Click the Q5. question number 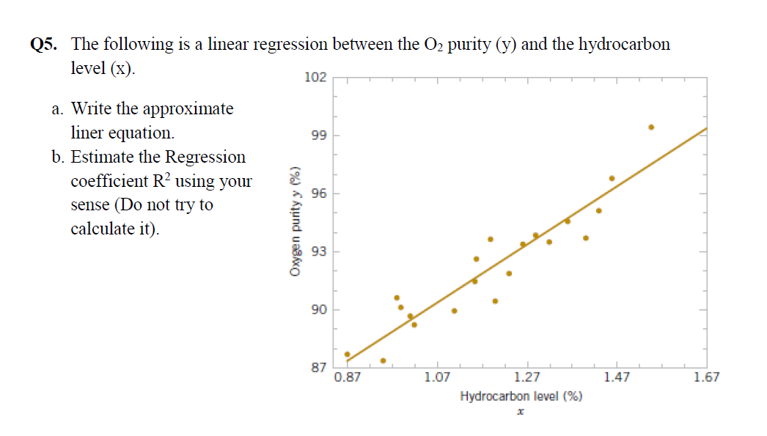(x=43, y=45)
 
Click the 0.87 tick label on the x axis (x=347, y=378)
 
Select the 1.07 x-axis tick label (x=436, y=378)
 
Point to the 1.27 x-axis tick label (x=526, y=378)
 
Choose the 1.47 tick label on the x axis (x=617, y=378)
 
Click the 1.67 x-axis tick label (x=706, y=378)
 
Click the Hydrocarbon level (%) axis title (x=521, y=396)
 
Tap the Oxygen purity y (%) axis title (x=296, y=221)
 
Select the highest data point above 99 (x=651, y=127)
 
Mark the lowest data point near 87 (x=383, y=361)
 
